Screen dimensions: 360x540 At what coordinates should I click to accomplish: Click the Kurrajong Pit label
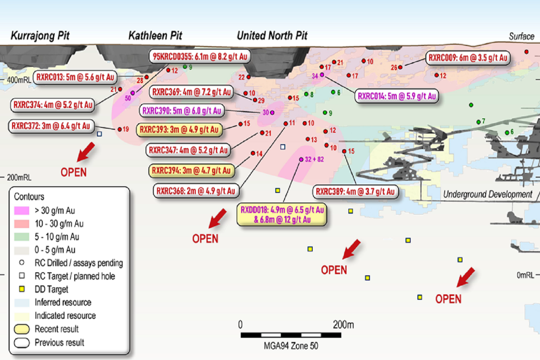coord(40,36)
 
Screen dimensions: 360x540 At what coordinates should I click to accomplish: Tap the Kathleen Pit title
coord(155,36)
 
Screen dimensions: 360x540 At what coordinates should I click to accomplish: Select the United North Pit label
coord(272,36)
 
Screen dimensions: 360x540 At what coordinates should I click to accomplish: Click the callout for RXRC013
coord(75,77)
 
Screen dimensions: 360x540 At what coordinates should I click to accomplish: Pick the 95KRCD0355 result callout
coord(200,57)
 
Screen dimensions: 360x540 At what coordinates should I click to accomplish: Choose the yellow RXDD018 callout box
coord(282,214)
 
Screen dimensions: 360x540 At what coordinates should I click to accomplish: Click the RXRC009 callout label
coord(468,58)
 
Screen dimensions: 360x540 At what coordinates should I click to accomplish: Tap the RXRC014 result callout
coord(397,96)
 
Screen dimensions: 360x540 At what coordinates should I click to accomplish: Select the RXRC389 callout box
coord(355,192)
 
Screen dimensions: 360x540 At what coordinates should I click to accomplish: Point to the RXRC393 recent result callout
coord(179,130)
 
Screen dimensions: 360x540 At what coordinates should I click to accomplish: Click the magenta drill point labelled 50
coord(132,93)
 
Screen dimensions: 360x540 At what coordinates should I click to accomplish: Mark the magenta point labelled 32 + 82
coord(301,160)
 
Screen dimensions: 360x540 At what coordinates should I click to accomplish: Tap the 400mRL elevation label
coord(19,80)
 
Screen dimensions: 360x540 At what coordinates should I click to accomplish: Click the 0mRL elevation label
coord(525,275)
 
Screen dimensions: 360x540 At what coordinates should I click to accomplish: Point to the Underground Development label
coord(487,194)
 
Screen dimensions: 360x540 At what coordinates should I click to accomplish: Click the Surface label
coord(521,36)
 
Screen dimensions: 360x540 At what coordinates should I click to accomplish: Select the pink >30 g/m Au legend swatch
coord(22,210)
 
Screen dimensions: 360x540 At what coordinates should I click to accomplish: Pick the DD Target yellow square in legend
coord(22,289)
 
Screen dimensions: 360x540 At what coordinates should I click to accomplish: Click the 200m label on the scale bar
coord(343,325)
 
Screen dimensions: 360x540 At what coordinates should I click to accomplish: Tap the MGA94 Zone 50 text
coord(291,346)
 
